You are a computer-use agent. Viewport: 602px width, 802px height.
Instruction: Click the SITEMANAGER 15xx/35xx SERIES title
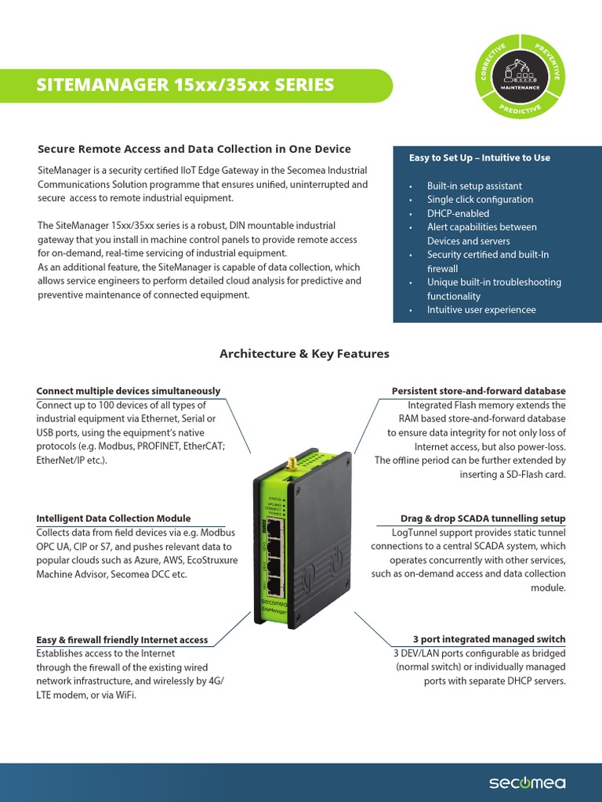(185, 85)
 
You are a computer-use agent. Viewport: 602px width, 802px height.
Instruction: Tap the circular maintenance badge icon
(520, 77)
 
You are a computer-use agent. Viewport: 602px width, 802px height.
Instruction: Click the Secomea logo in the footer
(527, 782)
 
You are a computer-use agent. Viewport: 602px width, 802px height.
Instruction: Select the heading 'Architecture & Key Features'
(304, 354)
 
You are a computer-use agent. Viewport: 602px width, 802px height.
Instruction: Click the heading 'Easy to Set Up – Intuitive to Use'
(479, 157)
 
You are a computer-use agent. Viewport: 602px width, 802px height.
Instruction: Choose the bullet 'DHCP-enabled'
(458, 213)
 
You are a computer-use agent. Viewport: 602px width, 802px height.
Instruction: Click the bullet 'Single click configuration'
(480, 200)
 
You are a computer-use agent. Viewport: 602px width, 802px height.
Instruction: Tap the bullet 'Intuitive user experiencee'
(481, 309)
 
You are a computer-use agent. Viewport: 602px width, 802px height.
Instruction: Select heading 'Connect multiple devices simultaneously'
(129, 391)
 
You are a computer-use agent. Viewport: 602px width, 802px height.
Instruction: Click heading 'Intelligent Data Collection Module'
(114, 518)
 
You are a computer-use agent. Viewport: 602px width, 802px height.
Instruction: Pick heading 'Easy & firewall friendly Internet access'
(122, 640)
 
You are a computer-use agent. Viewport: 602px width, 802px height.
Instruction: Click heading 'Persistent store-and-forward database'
(478, 391)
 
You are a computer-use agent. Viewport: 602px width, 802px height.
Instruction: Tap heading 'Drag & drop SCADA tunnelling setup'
(483, 518)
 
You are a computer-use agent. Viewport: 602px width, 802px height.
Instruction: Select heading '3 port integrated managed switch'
(489, 639)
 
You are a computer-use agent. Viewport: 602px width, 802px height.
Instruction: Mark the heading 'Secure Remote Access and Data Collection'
(194, 149)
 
